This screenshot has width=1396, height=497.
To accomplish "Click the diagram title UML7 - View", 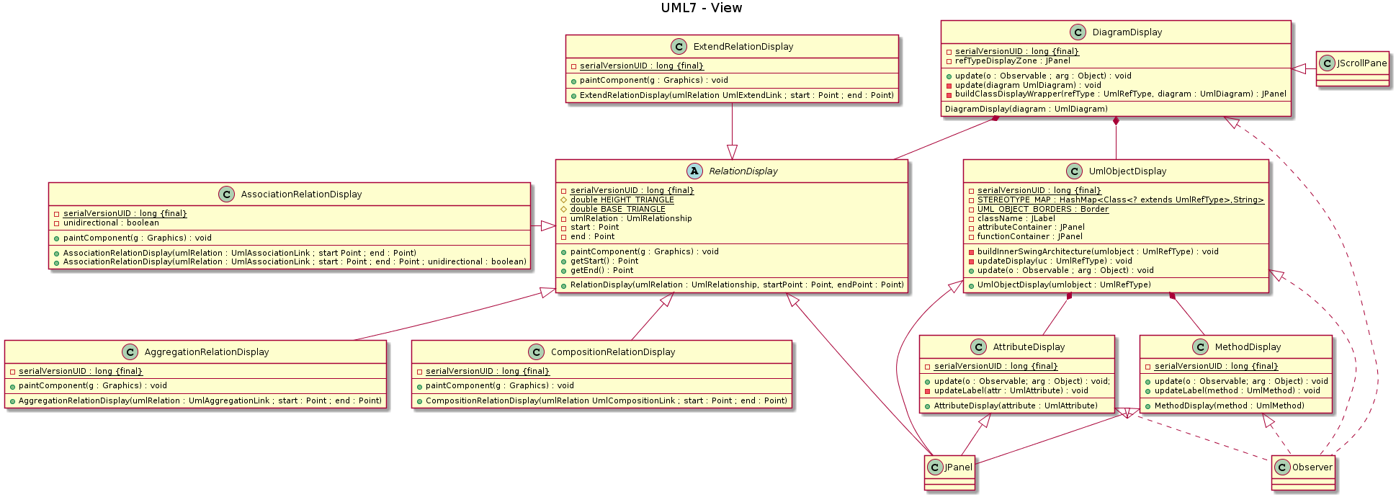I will click(701, 8).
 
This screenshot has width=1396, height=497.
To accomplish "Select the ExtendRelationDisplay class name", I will click(743, 47).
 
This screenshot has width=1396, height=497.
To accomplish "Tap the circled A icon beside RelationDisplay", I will click(694, 171).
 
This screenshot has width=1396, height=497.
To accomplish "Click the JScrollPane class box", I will click(1352, 68).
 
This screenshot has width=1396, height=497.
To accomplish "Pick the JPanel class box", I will click(950, 472).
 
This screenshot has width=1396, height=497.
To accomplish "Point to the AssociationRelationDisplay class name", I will click(301, 194).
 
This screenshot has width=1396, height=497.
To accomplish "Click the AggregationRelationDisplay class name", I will click(206, 352).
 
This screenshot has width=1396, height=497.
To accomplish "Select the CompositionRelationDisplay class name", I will click(612, 352).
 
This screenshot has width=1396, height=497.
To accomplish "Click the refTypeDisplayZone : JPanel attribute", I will click(1012, 61).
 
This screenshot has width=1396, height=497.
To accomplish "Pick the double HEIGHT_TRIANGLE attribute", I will click(622, 200).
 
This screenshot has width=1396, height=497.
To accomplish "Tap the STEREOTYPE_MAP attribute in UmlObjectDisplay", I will click(1120, 200).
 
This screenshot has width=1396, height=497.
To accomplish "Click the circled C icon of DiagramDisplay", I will click(1078, 32).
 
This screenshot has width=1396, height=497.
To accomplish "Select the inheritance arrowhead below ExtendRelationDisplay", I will click(733, 152).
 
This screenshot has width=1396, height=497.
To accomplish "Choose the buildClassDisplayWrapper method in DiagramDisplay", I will click(1120, 94).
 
